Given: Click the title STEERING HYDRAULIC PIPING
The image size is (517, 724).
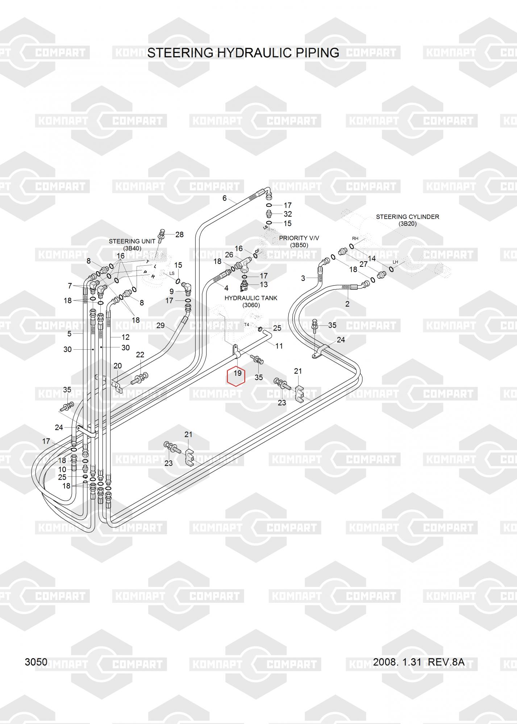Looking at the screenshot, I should [x=243, y=53].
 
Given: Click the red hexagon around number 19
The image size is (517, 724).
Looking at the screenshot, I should [x=236, y=376].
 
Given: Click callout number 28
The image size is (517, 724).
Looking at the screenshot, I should [x=179, y=235].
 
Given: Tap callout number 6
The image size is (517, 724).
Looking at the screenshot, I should [x=225, y=198].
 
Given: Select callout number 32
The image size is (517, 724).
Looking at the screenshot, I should [x=288, y=214].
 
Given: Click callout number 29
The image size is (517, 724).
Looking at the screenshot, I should [x=160, y=325].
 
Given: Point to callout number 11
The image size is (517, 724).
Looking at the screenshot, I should [x=279, y=346].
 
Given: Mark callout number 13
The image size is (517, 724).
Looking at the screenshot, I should [x=264, y=285].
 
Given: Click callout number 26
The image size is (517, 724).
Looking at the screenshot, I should [x=229, y=255].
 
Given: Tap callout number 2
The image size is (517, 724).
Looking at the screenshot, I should [x=347, y=304].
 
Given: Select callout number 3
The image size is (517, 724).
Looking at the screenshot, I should [x=303, y=278].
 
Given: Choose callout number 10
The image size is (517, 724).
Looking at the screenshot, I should [x=62, y=470].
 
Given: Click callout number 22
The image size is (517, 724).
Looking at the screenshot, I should [x=140, y=355].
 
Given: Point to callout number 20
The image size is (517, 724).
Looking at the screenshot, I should [x=118, y=366].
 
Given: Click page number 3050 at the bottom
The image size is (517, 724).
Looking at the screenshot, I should [x=36, y=662].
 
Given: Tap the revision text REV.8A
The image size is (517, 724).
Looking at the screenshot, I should [x=446, y=662].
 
